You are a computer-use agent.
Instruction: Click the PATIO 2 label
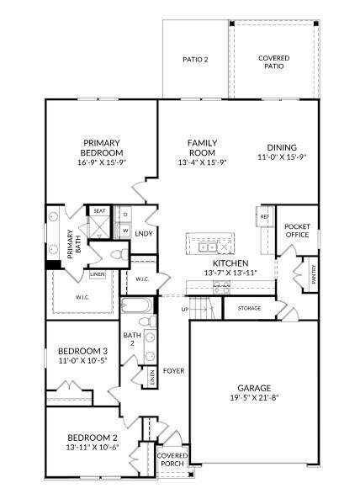(x=195, y=60)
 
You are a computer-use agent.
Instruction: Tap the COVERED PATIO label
(x=274, y=62)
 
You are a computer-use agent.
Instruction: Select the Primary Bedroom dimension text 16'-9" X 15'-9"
(x=102, y=162)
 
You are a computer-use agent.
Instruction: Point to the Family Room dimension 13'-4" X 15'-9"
(x=202, y=162)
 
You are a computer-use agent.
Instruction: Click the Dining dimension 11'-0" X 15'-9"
(x=282, y=157)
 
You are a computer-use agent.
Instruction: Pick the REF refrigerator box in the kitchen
(x=265, y=216)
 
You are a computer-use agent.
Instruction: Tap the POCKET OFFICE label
(x=297, y=231)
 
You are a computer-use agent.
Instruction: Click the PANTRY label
(x=314, y=274)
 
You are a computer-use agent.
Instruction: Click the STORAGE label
(x=249, y=308)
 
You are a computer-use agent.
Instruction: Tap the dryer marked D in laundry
(x=125, y=215)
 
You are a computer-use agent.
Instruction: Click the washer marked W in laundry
(x=125, y=230)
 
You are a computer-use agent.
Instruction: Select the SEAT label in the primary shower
(x=99, y=210)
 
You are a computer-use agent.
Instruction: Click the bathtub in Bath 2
(x=137, y=305)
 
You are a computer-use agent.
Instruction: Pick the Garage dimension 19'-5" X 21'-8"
(x=254, y=397)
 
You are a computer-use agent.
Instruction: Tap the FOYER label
(x=173, y=371)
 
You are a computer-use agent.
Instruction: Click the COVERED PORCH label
(x=172, y=459)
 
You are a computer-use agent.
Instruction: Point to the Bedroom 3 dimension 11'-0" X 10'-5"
(x=82, y=360)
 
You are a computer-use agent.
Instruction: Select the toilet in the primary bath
(x=119, y=254)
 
